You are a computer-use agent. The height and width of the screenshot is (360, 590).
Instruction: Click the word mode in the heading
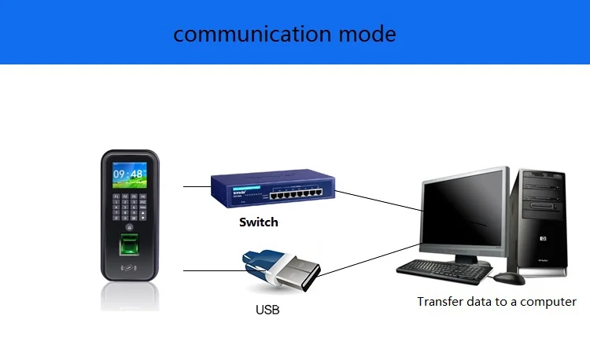coord(368,34)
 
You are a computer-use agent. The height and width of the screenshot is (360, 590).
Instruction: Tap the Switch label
coord(259,222)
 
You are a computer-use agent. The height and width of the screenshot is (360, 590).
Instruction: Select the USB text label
coord(267,310)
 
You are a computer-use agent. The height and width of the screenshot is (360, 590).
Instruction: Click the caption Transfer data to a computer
coord(496,302)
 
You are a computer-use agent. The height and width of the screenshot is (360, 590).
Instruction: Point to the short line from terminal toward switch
coord(196,187)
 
